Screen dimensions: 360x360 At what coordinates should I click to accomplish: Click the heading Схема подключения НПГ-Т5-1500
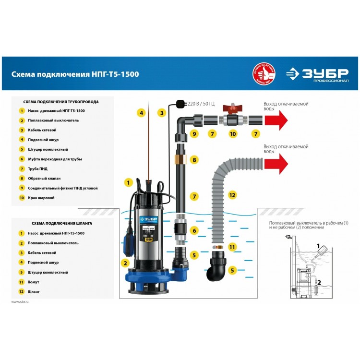click(x=75, y=74)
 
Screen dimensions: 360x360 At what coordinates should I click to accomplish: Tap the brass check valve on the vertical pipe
click(x=180, y=159)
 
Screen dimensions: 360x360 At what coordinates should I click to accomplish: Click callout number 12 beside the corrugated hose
click(x=232, y=195)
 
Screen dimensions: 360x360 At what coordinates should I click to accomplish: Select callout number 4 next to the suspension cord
click(x=141, y=113)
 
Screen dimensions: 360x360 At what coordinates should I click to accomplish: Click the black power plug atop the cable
click(x=181, y=103)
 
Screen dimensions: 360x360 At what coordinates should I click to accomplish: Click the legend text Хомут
click(x=35, y=282)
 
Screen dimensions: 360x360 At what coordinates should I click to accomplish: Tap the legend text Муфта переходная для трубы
click(x=55, y=159)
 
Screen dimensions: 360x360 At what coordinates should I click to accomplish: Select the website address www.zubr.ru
click(x=20, y=301)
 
